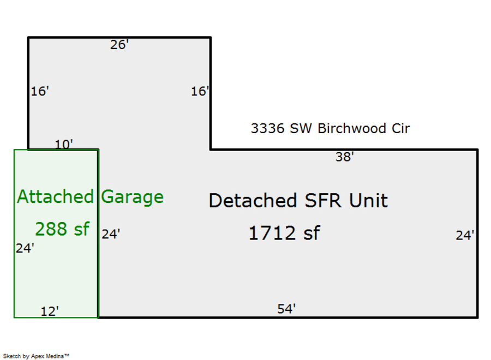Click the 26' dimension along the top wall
(119, 45)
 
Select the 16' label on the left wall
(40, 92)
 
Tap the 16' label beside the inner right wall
(200, 92)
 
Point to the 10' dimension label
(64, 145)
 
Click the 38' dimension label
(345, 158)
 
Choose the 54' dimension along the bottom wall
(286, 309)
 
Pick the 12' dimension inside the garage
(50, 311)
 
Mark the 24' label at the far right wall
(465, 236)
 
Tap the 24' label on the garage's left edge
(25, 248)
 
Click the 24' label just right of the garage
(111, 235)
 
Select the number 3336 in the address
(268, 129)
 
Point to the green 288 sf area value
(62, 229)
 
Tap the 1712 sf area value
(284, 233)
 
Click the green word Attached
(55, 196)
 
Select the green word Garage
(133, 196)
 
